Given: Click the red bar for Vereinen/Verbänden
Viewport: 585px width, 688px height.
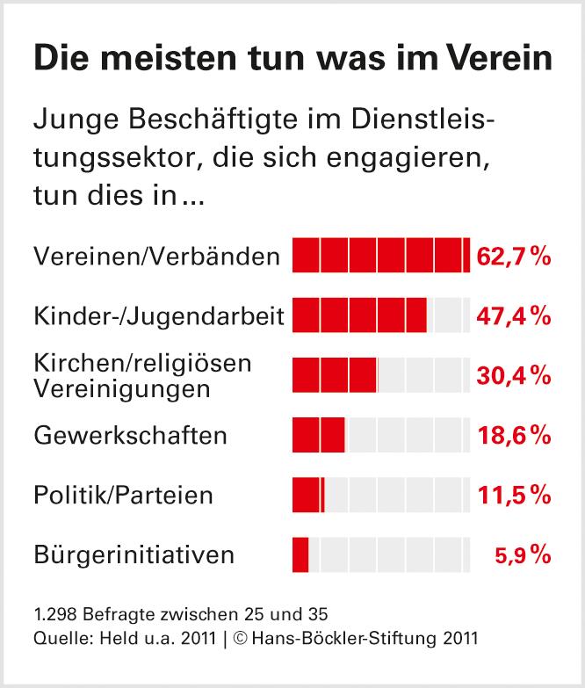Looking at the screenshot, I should tap(380, 256).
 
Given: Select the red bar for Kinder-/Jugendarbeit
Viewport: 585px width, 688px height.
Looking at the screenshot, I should tap(358, 315).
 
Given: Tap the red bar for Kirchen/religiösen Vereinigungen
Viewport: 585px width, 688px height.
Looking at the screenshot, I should tap(334, 375).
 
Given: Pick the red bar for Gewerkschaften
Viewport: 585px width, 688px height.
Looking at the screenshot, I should tap(318, 435).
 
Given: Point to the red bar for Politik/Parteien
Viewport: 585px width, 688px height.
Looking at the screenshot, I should tap(307, 495).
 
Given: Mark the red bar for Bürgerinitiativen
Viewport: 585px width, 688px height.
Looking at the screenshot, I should tap(300, 554).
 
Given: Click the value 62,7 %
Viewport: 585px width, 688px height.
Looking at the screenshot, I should tap(514, 256).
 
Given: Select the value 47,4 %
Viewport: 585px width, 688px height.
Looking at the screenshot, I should tap(514, 315).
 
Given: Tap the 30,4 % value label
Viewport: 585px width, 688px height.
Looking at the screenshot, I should tap(514, 375).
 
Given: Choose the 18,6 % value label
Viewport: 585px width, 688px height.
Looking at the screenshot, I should tap(514, 435).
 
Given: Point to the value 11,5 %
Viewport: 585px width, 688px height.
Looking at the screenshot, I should tap(514, 495).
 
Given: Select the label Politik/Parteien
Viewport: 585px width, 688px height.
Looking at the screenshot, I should tap(123, 495).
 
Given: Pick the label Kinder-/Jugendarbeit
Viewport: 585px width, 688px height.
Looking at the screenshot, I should tap(158, 315).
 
